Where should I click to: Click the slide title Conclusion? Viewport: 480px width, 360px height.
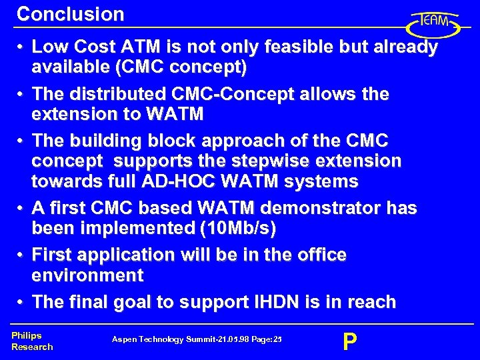coord(71,14)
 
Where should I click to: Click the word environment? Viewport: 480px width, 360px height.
coord(87,275)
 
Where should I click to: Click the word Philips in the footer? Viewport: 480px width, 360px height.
coord(26,336)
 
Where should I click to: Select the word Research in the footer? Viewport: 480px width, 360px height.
coord(32,347)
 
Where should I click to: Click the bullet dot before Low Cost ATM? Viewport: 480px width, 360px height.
coord(21,48)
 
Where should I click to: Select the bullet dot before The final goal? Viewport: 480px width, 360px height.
coord(21,303)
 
